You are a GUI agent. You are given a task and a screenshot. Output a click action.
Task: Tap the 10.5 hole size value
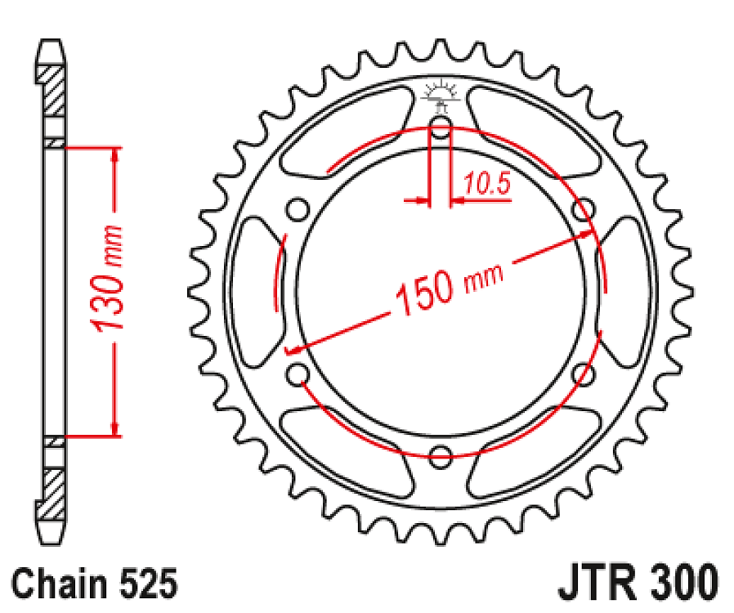[487, 186]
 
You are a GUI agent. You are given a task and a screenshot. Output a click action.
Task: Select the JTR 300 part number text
[639, 584]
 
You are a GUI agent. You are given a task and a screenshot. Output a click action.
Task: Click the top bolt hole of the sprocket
[441, 128]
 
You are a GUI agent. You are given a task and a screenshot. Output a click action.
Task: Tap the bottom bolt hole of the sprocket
[441, 456]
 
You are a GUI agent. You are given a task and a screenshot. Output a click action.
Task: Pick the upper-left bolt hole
[298, 210]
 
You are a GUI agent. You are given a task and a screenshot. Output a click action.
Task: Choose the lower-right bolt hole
[583, 374]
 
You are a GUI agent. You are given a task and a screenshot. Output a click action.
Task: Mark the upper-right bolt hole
[583, 210]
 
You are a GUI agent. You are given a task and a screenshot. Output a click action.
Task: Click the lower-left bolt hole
[298, 374]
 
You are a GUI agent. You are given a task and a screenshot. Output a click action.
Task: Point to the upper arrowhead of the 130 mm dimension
[115, 155]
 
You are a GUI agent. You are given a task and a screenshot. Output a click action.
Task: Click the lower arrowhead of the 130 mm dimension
[115, 428]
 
